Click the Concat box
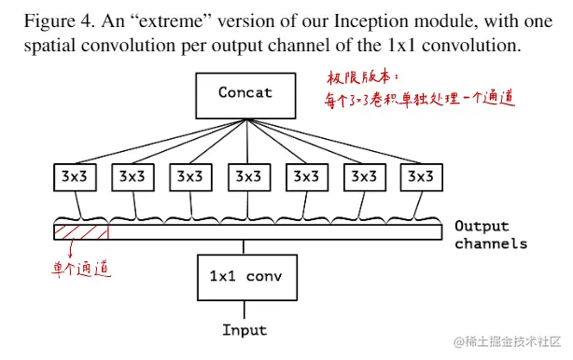pyautogui.click(x=245, y=92)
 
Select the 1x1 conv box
pyautogui.click(x=245, y=277)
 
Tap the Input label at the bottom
pyautogui.click(x=245, y=330)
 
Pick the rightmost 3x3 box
pyautogui.click(x=419, y=175)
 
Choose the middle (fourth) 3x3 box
pyautogui.click(x=247, y=175)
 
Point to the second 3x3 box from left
pyautogui.click(x=133, y=175)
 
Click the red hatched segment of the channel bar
pyautogui.click(x=81, y=231)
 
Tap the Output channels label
pyautogui.click(x=490, y=235)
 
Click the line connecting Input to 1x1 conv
pyautogui.click(x=245, y=310)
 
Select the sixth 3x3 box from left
pyautogui.click(x=362, y=175)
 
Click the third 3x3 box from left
pyautogui.click(x=189, y=175)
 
